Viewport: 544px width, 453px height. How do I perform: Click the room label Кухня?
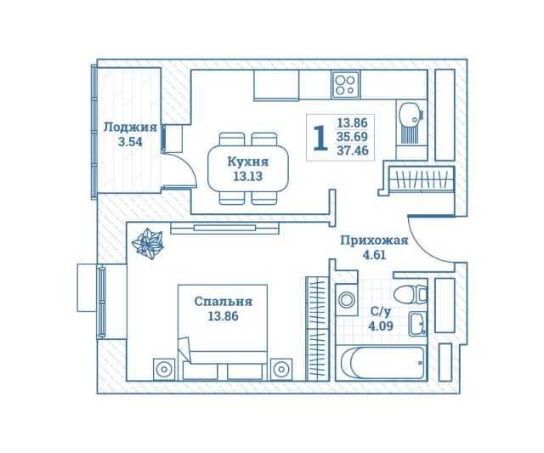click(248, 161)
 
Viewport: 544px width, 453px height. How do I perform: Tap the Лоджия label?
click(130, 127)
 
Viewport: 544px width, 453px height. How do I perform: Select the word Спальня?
click(224, 301)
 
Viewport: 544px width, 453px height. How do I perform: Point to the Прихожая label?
click(374, 241)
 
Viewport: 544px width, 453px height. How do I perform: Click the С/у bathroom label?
click(382, 311)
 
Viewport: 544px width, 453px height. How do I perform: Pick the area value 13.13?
click(248, 177)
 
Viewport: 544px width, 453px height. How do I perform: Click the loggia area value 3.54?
click(130, 142)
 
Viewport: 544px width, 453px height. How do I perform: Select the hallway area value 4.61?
click(374, 254)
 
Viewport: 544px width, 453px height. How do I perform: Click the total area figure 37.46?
click(352, 151)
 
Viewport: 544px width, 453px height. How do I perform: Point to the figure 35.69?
click(352, 137)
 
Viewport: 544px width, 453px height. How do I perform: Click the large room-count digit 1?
click(320, 138)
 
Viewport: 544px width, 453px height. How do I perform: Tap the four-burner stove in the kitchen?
click(345, 83)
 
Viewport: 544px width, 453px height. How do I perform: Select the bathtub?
click(382, 363)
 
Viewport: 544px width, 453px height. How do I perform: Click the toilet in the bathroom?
click(415, 295)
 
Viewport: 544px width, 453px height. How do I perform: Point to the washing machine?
click(346, 299)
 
